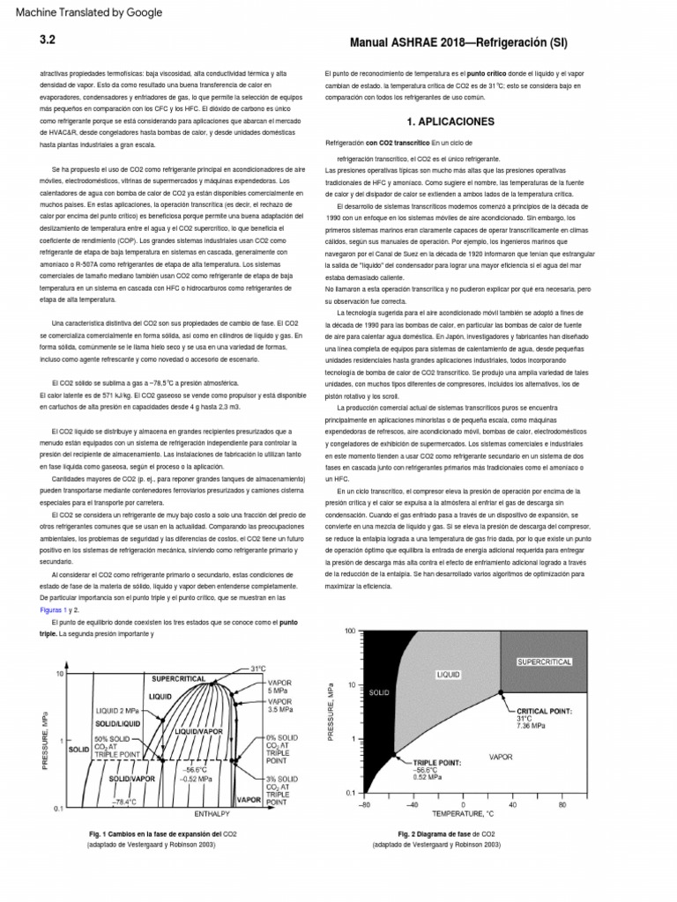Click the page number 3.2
[48, 40]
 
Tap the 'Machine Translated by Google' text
[83, 12]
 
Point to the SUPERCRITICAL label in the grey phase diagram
[544, 660]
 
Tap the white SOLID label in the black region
[380, 693]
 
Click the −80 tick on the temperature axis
[364, 804]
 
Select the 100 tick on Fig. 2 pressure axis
[350, 632]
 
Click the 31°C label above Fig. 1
[257, 669]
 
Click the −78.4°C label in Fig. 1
[123, 802]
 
